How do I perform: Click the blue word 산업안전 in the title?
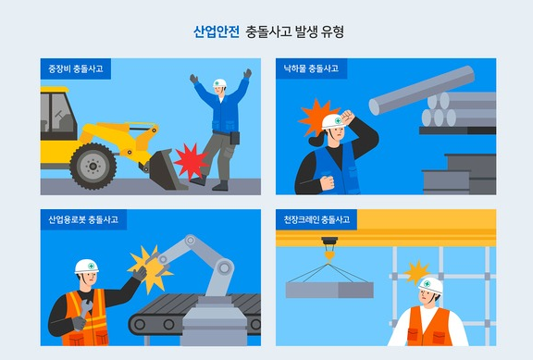pyautogui.click(x=217, y=32)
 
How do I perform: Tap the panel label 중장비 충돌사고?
pyautogui.click(x=76, y=69)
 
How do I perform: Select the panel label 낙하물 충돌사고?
pyautogui.click(x=311, y=69)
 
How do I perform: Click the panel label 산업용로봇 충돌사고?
pyautogui.click(x=83, y=219)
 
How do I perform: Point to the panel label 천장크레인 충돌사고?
pyautogui.click(x=316, y=219)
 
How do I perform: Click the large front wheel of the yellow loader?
pyautogui.click(x=93, y=166)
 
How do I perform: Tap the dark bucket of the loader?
pyautogui.click(x=166, y=169)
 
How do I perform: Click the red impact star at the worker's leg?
pyautogui.click(x=192, y=160)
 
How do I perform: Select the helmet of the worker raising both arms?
pyautogui.click(x=219, y=83)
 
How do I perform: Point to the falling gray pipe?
pyautogui.click(x=422, y=90)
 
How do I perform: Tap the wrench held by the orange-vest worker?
pyautogui.click(x=85, y=309)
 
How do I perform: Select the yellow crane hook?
pyautogui.click(x=329, y=254)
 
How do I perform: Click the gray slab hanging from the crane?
pyautogui.click(x=329, y=290)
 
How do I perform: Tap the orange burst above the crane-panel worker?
pyautogui.click(x=416, y=272)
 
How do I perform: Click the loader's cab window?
pyautogui.click(x=62, y=113)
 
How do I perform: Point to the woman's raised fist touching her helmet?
pyautogui.click(x=347, y=118)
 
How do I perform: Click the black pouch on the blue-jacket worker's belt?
pyautogui.click(x=234, y=138)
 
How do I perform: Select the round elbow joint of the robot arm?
pyautogui.click(x=224, y=267)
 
